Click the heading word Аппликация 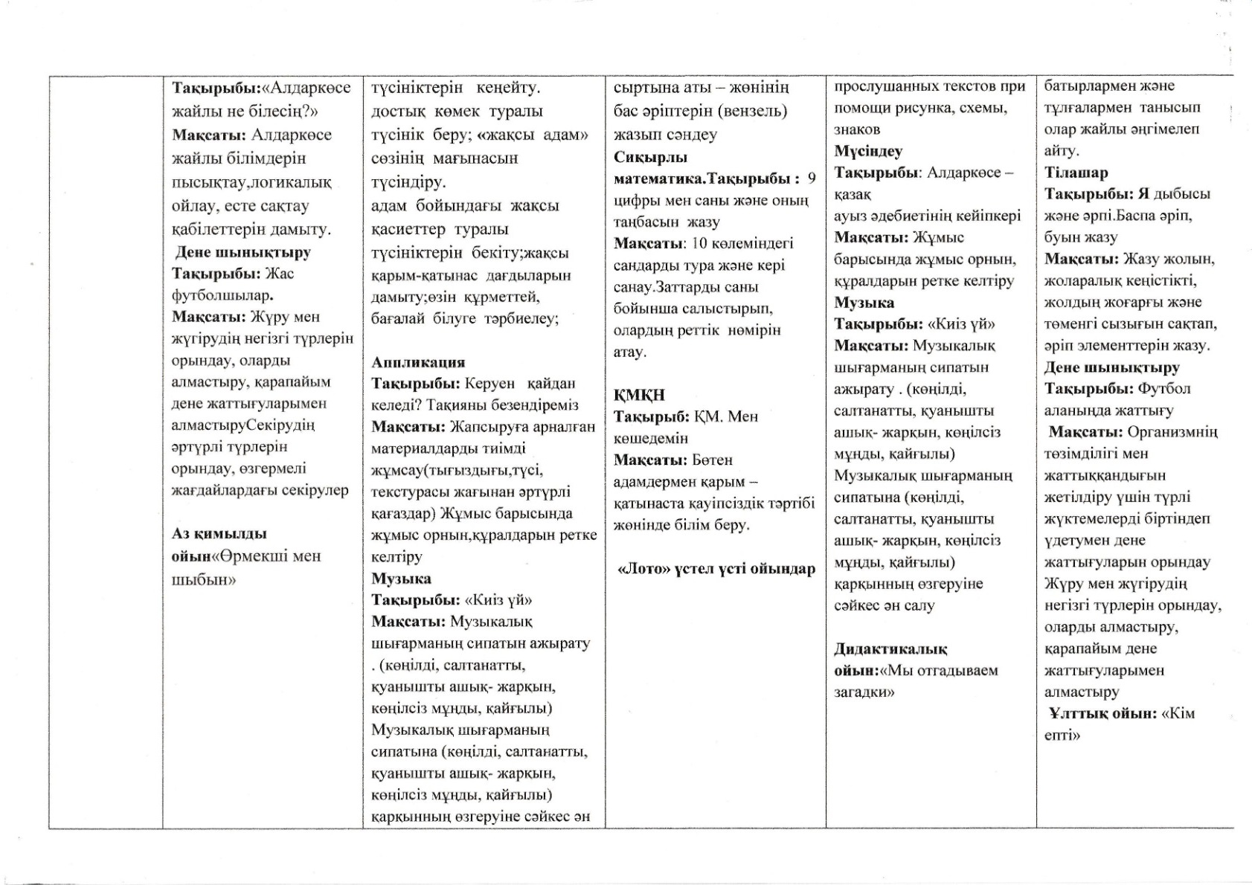pos(418,362)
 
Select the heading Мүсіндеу pos(868,152)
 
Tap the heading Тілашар pos(1076,173)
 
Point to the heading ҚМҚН pos(639,395)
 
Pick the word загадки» pos(864,692)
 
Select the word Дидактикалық pos(890,649)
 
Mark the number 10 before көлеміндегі pos(699,243)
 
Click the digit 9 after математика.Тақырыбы pos(811,178)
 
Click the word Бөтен pos(712,460)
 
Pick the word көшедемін pos(651,439)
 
